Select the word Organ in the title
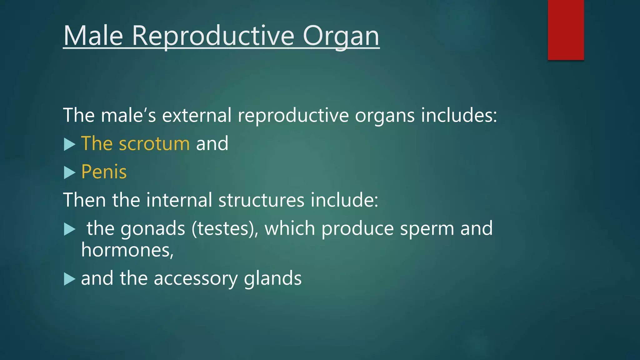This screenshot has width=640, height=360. [341, 36]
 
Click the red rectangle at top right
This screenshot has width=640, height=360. [566, 30]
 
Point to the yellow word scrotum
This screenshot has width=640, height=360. [154, 144]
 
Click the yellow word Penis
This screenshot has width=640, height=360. [104, 172]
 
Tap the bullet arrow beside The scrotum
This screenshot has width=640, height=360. [69, 144]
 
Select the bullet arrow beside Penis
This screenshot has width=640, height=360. [69, 172]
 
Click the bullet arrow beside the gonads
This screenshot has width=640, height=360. [69, 229]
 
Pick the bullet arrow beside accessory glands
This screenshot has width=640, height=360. [69, 279]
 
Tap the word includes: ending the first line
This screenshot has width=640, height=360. [459, 115]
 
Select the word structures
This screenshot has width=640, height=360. [261, 200]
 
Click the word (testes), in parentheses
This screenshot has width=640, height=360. [225, 228]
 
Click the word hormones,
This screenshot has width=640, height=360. [127, 250]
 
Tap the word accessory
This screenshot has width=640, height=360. [195, 279]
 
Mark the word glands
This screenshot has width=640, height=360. [272, 279]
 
